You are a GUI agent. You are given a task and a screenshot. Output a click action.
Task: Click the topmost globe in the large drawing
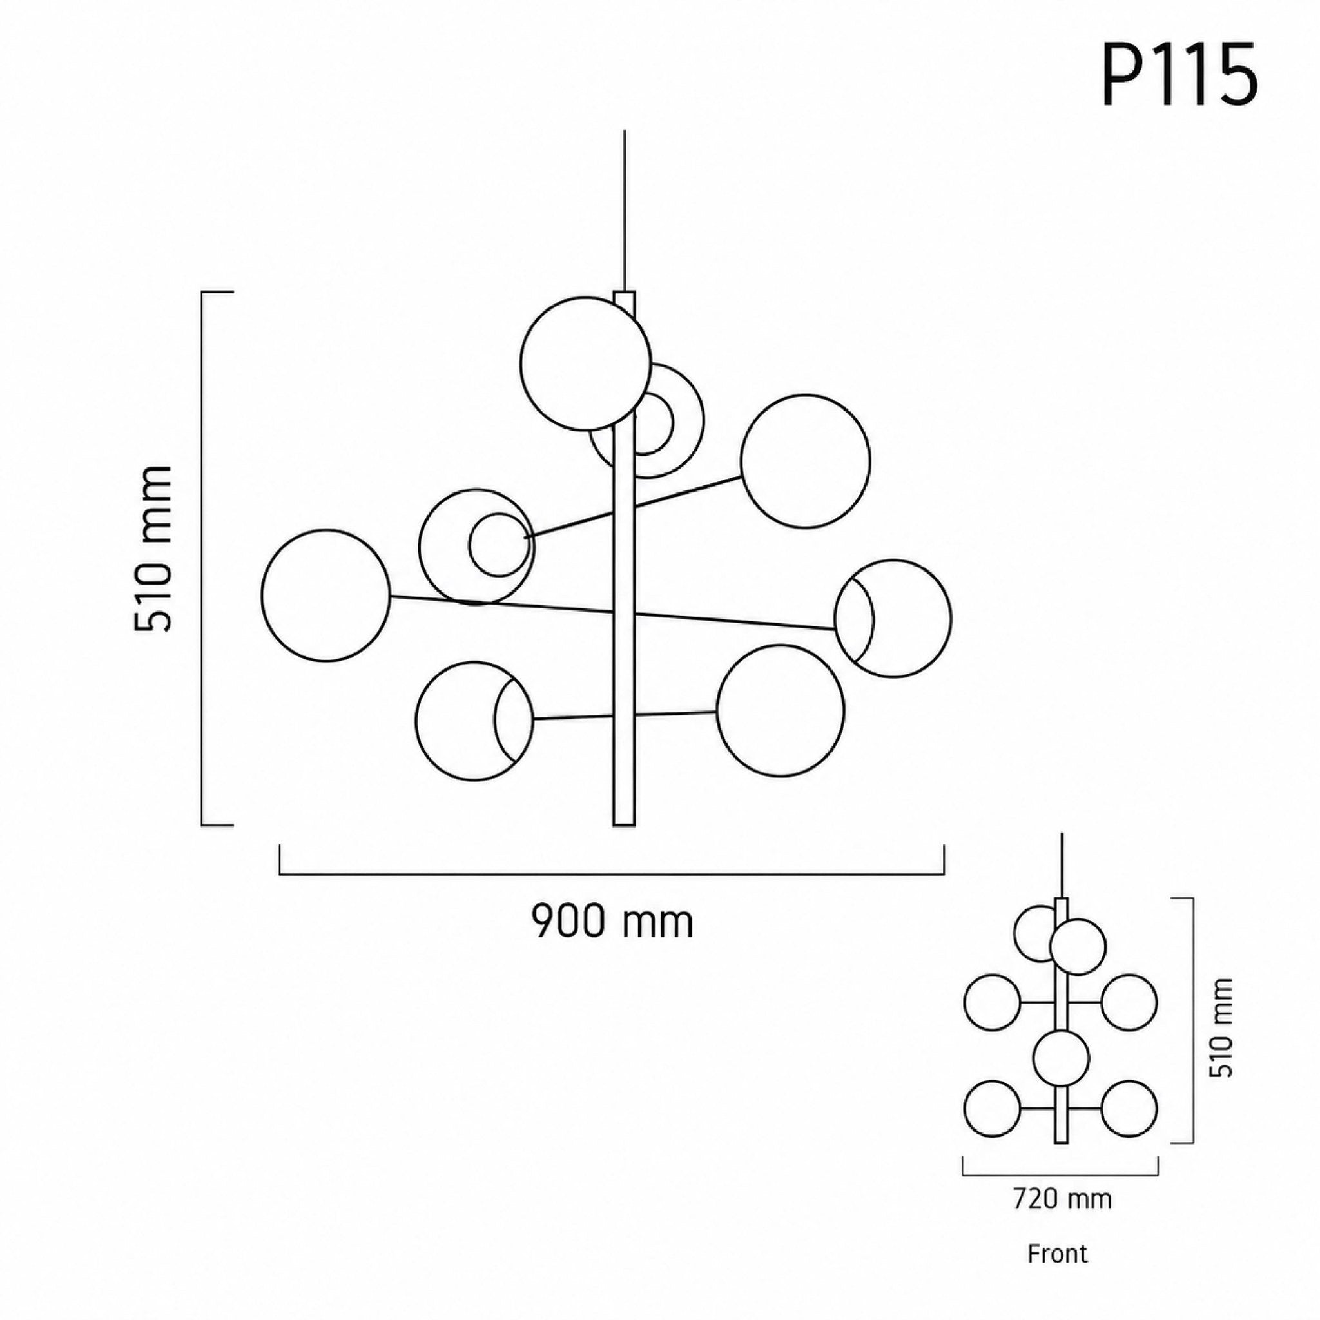585,364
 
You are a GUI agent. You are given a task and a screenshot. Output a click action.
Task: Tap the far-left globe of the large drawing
326,595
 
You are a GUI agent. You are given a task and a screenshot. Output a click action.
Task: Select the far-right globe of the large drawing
893,618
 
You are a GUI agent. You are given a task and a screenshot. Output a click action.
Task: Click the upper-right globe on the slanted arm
806,460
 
